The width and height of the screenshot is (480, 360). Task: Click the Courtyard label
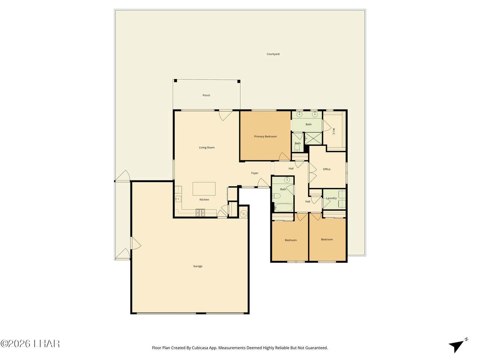(273, 54)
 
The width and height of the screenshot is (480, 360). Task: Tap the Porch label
(206, 95)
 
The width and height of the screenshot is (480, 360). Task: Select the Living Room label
(207, 147)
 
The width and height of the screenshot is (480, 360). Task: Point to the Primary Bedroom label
(265, 136)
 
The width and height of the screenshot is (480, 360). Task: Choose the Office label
(327, 169)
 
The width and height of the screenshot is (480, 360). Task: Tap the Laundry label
(331, 198)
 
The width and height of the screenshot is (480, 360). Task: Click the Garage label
(198, 266)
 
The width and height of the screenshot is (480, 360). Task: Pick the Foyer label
(255, 173)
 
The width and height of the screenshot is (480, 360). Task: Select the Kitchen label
(204, 199)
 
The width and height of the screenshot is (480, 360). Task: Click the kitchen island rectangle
(204, 189)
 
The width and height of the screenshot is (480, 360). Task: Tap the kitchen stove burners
(200, 213)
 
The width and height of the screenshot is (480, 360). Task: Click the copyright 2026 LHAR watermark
(30, 343)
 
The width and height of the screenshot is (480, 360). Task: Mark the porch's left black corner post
(175, 81)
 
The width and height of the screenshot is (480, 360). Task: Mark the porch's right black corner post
(239, 81)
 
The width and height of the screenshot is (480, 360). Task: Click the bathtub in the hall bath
(283, 207)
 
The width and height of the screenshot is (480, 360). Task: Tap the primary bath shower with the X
(313, 138)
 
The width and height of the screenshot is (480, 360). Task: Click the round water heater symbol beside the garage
(243, 213)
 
